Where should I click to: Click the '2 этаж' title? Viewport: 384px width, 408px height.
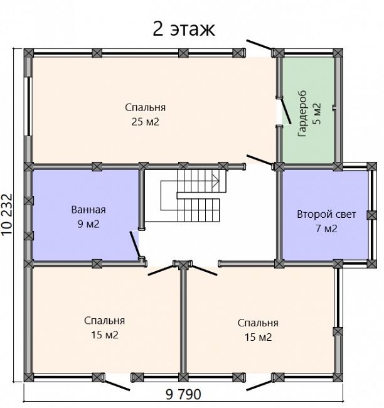pos(184,29)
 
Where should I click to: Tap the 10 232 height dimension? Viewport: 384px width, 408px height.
pos(7,215)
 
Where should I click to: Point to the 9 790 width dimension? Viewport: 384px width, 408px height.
pos(183,394)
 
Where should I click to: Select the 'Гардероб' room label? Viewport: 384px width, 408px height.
pos(302,114)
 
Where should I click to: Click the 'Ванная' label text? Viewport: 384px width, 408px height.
pos(88,210)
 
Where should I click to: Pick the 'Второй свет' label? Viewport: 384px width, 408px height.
pos(326,215)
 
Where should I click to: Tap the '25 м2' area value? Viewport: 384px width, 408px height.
pos(145,122)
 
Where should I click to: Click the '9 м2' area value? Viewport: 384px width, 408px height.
pos(88,224)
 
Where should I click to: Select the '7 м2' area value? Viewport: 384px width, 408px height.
pos(326,228)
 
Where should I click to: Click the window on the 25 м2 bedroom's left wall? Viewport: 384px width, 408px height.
pos(28,106)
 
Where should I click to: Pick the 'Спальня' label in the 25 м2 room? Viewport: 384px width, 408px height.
pos(145,107)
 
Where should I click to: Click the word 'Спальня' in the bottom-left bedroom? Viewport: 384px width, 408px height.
pos(104,321)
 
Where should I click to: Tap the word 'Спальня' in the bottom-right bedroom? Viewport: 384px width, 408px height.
pos(258,323)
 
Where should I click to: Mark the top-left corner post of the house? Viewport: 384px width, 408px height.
pos(29,53)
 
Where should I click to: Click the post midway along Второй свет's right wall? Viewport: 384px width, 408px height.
pos(372,215)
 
